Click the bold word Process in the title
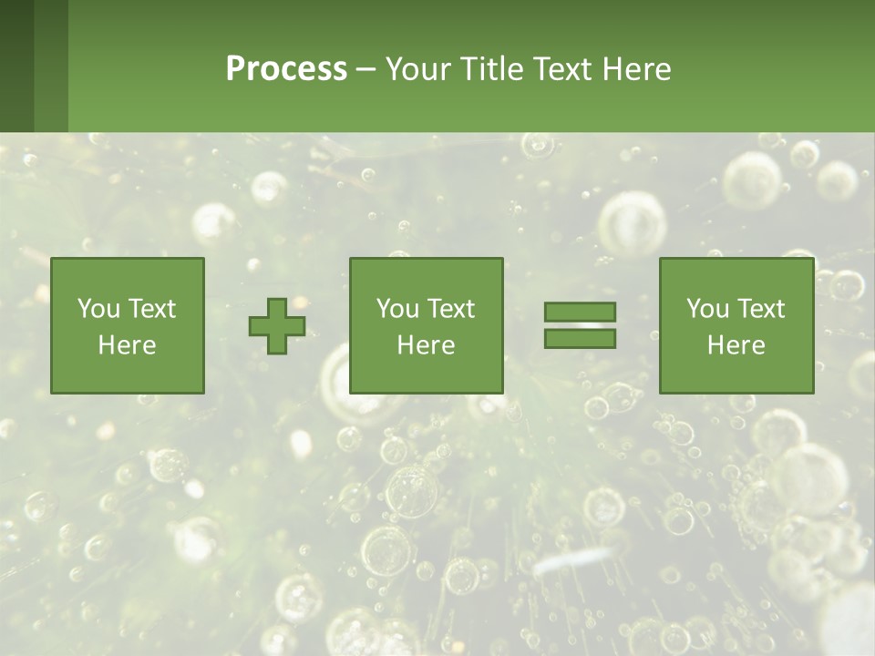coord(286,69)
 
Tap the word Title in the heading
coord(488,69)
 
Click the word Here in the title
coord(637,69)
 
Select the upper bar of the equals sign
coord(580,312)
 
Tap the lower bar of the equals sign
coord(580,339)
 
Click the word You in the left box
coord(98,309)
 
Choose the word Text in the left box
coord(151,309)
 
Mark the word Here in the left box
coord(127,345)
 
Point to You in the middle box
coord(397,309)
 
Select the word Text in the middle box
coord(450,309)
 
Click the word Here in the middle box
coord(426,345)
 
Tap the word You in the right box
coord(707,309)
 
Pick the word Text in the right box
coord(760,309)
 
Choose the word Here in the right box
coord(736,345)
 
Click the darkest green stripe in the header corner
coord(16,66)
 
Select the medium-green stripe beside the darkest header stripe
coord(51,66)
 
